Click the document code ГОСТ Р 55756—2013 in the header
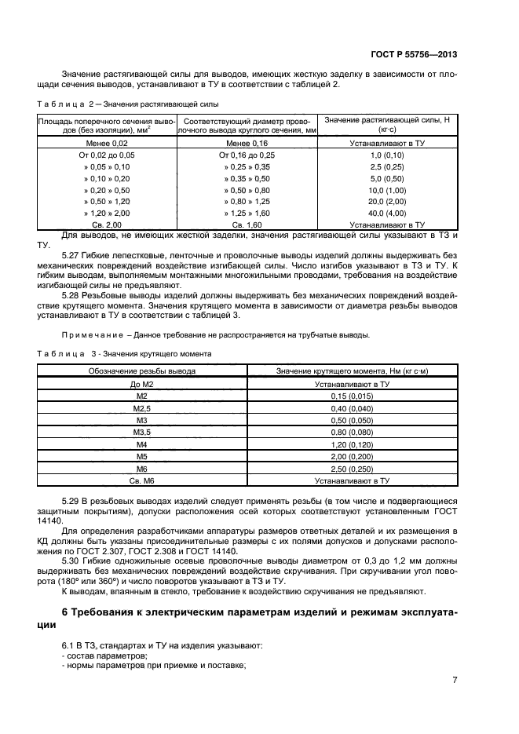click(x=415, y=55)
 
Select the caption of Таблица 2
click(x=128, y=104)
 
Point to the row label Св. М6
click(x=142, y=479)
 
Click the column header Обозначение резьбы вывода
click(x=142, y=371)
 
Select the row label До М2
click(x=142, y=385)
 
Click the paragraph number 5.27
click(x=71, y=255)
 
